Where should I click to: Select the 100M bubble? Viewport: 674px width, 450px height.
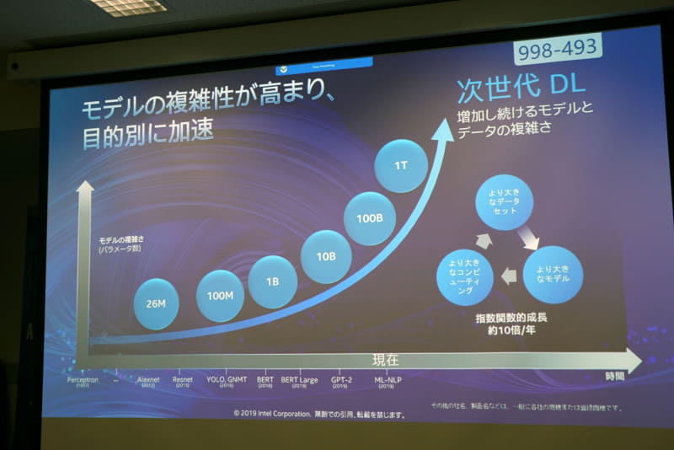[x=221, y=295]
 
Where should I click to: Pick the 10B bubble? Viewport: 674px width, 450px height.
[x=325, y=256]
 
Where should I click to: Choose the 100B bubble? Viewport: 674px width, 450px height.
[x=370, y=217]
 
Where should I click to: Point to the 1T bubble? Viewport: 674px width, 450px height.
[x=401, y=165]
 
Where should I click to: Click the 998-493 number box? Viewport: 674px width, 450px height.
[x=559, y=51]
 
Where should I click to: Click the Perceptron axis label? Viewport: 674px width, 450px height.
[x=83, y=380]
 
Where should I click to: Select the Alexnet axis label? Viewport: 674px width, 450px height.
[x=148, y=380]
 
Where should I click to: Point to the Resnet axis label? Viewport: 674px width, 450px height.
[x=183, y=380]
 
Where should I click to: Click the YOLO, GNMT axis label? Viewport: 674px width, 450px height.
[x=227, y=380]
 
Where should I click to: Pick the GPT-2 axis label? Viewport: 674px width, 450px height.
[x=342, y=380]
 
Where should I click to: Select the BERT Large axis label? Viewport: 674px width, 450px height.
[x=299, y=380]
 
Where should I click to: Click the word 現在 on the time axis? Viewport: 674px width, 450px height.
[x=386, y=359]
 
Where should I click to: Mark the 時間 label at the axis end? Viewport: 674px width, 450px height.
[x=615, y=377]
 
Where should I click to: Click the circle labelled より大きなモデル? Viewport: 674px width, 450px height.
[x=552, y=274]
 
